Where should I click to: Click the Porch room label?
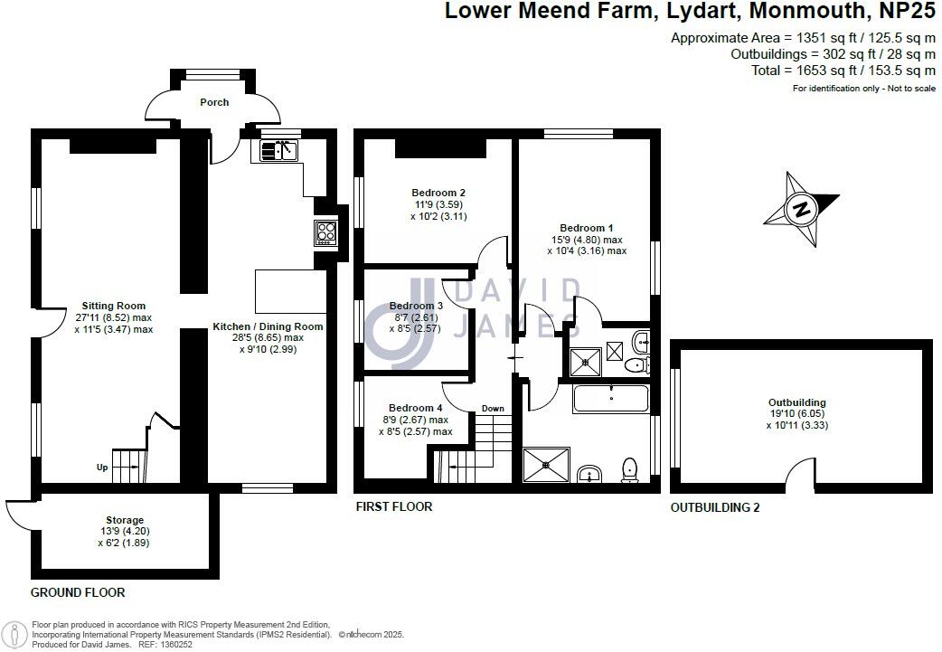[214, 102]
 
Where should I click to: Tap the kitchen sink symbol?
[279, 150]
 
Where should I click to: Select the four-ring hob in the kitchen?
[325, 233]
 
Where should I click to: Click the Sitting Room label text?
[114, 306]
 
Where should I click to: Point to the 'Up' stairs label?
[103, 468]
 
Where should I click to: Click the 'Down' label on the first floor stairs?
[493, 408]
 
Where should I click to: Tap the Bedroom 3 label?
[415, 306]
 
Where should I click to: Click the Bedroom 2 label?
[438, 193]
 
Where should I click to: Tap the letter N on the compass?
[800, 210]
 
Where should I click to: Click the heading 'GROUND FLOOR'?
[78, 592]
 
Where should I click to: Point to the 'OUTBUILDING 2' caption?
[715, 508]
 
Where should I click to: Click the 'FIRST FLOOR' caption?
[393, 506]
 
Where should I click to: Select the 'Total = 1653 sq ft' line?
[843, 71]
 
